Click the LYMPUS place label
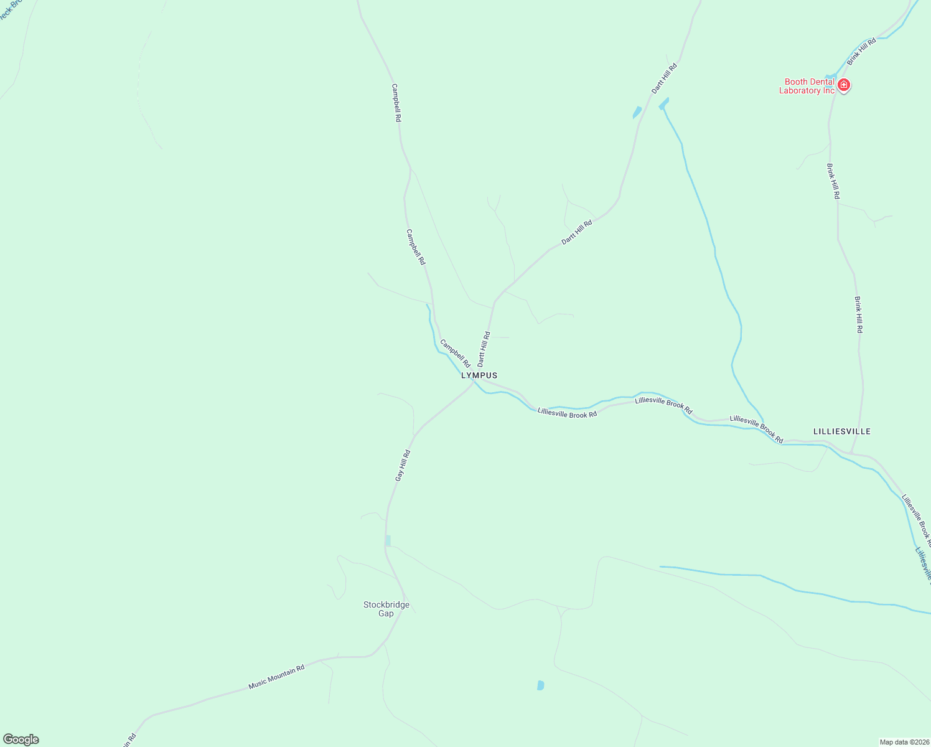(x=479, y=376)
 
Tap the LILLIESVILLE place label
(x=842, y=431)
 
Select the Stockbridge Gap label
(x=386, y=609)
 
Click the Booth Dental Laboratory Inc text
(x=808, y=86)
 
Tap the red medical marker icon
(x=844, y=85)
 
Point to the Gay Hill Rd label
(x=403, y=465)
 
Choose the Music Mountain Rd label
(x=276, y=677)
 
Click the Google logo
(x=21, y=740)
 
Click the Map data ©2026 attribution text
(x=903, y=742)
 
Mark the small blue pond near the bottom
(x=540, y=685)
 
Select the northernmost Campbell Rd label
(x=396, y=103)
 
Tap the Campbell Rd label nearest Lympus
(x=455, y=353)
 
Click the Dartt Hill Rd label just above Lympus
(x=484, y=349)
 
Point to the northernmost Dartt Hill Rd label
(x=664, y=78)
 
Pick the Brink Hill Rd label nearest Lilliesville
(x=858, y=314)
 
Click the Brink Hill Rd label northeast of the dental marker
(x=861, y=51)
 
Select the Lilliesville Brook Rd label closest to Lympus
(x=567, y=413)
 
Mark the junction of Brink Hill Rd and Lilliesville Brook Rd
(x=851, y=453)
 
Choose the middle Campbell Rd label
(x=415, y=247)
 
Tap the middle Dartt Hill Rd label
(x=577, y=232)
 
